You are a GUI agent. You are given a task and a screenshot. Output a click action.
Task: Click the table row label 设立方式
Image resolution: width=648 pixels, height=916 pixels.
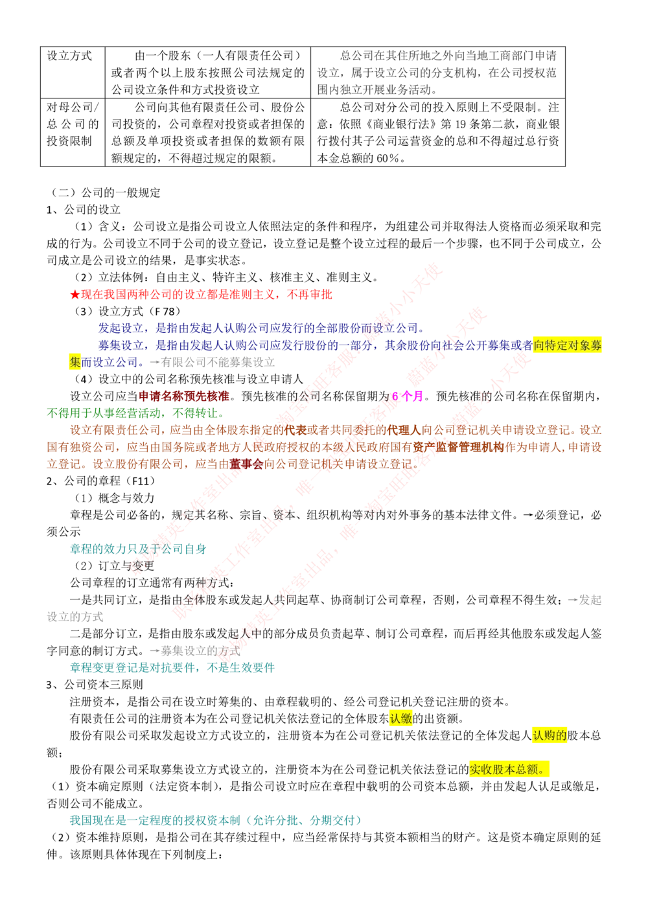69,56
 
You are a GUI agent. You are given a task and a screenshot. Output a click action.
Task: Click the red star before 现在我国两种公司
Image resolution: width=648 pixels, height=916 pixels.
75,294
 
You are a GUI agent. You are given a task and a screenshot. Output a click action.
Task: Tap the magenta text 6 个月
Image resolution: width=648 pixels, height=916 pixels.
407,396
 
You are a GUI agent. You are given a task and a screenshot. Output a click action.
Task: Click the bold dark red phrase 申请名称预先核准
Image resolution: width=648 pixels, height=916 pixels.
183,396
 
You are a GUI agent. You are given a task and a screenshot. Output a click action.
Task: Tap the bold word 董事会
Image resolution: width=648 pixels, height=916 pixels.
246,464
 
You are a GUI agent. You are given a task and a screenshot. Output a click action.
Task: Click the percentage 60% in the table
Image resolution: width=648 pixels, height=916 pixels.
388,158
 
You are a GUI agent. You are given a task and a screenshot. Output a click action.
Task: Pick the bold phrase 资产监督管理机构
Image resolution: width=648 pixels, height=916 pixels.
458,446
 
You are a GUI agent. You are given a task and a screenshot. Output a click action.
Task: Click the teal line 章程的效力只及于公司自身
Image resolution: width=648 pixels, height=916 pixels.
138,549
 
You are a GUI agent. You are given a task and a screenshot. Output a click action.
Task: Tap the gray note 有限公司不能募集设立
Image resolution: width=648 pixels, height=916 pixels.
218,362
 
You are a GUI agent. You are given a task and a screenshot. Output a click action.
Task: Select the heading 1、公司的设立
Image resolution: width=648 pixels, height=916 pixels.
84,209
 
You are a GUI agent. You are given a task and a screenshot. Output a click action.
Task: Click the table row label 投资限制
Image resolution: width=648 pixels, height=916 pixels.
69,141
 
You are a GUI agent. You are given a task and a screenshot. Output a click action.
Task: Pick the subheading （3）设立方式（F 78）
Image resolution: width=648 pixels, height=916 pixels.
127,311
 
